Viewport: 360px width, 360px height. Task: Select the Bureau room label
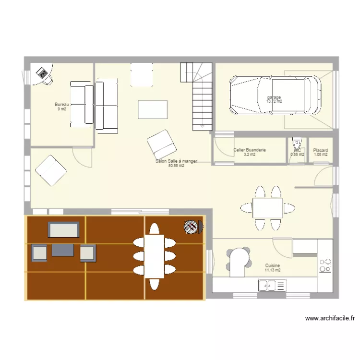point(62,105)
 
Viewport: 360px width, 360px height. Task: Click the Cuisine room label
point(272,265)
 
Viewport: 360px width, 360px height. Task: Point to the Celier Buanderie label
point(250,150)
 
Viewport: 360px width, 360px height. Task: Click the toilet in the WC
point(297,143)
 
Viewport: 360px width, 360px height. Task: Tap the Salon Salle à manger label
point(176,161)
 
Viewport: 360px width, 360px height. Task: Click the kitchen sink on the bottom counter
point(272,287)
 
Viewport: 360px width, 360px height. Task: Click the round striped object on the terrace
point(191,227)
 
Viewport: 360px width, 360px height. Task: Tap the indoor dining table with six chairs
point(267,207)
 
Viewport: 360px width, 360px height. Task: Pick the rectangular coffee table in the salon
point(153,109)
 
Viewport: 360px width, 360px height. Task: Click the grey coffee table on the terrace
point(63,250)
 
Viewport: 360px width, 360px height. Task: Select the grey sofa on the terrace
point(63,229)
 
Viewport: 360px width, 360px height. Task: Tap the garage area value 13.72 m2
point(275,101)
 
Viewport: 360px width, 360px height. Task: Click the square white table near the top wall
point(142,75)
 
